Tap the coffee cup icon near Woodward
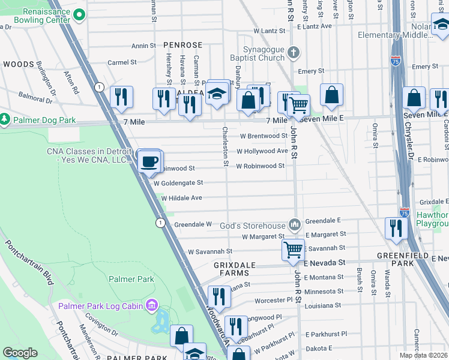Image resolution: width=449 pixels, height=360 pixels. [149, 161]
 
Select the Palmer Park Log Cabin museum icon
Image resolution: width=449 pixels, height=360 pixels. [151, 307]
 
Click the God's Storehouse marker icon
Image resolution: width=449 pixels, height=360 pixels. [294, 225]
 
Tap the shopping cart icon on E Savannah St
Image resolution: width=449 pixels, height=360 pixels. [293, 248]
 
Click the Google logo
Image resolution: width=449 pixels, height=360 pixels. [20, 353]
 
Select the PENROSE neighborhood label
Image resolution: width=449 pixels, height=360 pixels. [182, 45]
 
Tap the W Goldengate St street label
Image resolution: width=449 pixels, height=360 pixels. [178, 182]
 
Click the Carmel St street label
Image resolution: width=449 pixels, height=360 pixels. [122, 62]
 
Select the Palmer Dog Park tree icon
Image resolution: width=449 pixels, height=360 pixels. [4, 120]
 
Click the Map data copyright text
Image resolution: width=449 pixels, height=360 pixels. [424, 355]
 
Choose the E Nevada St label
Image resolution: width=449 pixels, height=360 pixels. [324, 263]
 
